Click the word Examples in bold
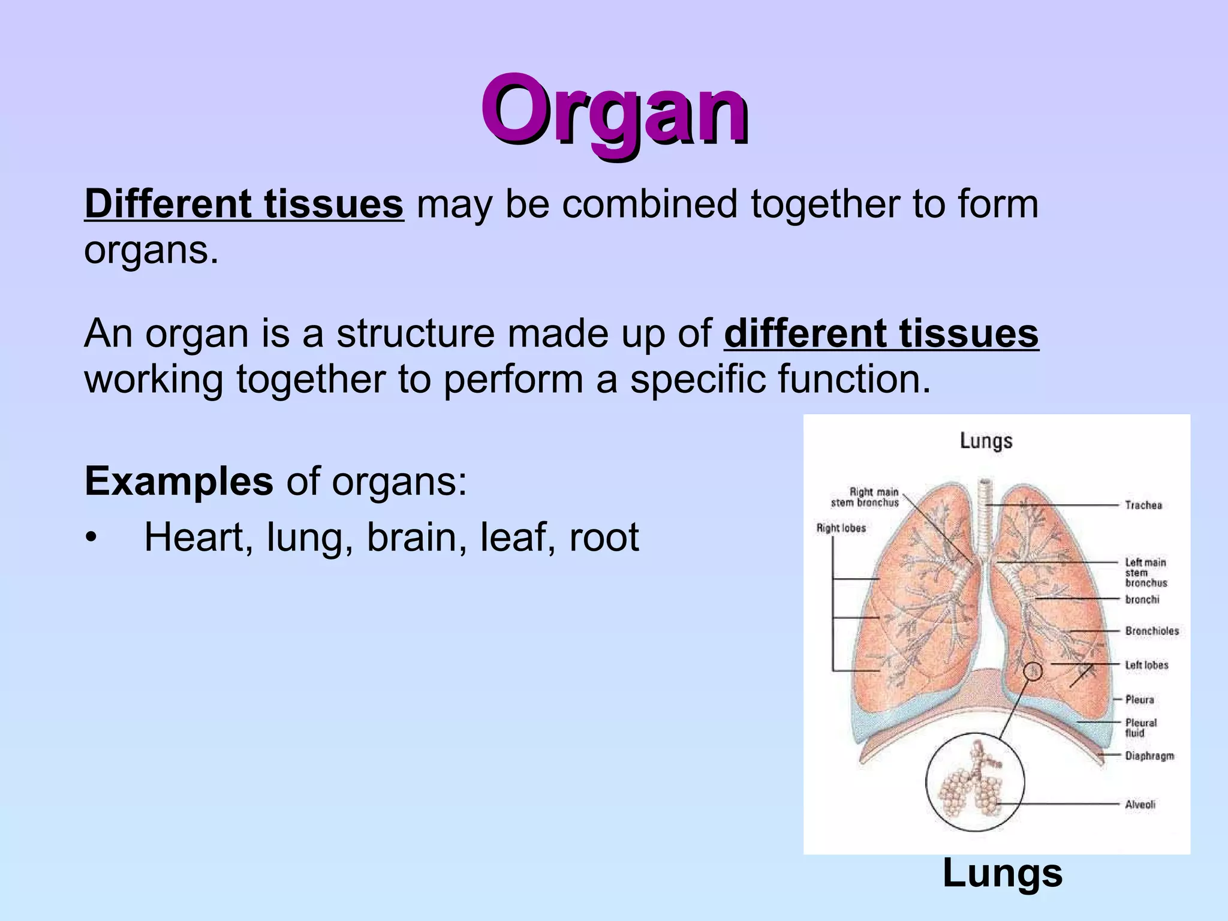click(x=179, y=481)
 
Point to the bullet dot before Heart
click(x=91, y=538)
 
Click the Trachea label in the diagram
click(x=1143, y=505)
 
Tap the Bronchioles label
click(x=1151, y=631)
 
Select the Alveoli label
click(x=1140, y=805)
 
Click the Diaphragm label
click(x=1149, y=756)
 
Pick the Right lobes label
click(x=841, y=528)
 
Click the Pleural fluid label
click(x=1140, y=728)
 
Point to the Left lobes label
click(x=1146, y=665)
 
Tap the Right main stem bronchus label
click(x=865, y=498)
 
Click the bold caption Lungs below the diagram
click(x=1002, y=874)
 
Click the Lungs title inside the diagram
click(x=986, y=441)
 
